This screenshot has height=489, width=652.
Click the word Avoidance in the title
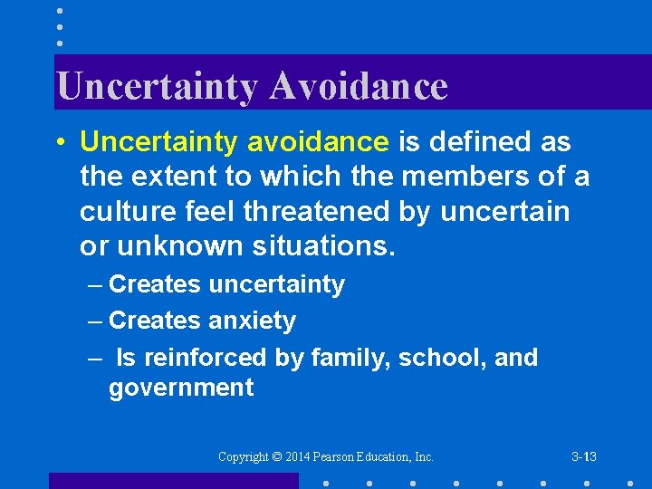coord(359,86)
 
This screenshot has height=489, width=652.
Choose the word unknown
coord(172,245)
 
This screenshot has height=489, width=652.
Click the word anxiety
coord(252,321)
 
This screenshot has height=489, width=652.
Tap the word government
coord(181,388)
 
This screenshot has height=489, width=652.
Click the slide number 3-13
coord(584,457)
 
